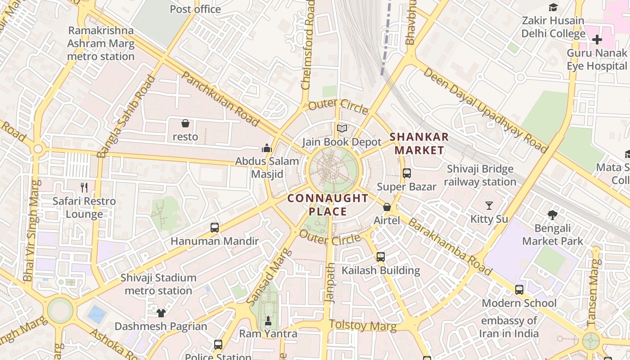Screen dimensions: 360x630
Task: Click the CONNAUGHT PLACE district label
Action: point(328,205)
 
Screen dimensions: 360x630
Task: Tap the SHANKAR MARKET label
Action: point(419,144)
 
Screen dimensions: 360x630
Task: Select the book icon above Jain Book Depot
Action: point(342,129)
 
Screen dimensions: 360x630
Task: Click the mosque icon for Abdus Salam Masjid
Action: point(267,148)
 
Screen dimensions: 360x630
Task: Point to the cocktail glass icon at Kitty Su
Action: point(489,206)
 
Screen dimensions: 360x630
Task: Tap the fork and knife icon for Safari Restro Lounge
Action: point(84,187)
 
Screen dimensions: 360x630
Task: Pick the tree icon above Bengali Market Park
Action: point(553,215)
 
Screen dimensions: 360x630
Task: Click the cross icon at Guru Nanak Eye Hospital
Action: point(597,40)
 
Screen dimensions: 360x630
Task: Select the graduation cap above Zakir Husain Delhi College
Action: point(553,8)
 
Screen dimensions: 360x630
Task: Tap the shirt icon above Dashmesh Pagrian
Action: point(161,313)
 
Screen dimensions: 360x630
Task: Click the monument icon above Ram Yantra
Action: point(268,320)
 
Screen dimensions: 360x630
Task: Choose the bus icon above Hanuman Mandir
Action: point(215,228)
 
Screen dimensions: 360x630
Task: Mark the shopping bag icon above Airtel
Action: point(387,207)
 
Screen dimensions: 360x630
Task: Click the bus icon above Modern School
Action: point(519,290)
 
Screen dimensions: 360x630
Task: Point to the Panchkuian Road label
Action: point(220,99)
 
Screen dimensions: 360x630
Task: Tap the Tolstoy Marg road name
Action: point(363,325)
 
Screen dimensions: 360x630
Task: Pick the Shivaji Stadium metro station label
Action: point(158,284)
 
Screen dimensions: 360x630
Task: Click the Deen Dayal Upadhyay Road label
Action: point(486,110)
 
